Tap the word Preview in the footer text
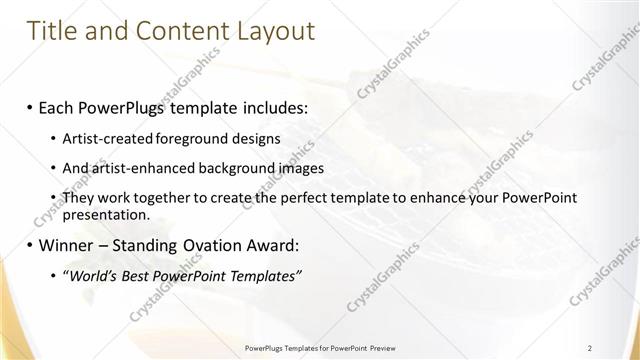pyautogui.click(x=380, y=347)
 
